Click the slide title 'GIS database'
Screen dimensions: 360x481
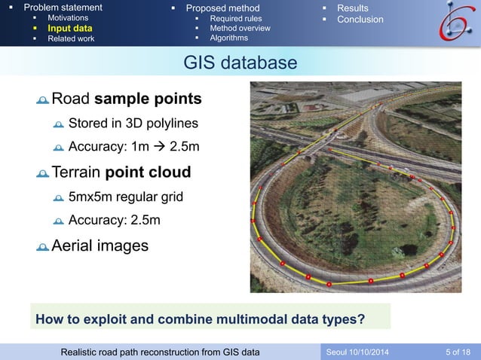pyautogui.click(x=240, y=63)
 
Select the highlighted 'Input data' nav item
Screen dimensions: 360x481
pyautogui.click(x=69, y=28)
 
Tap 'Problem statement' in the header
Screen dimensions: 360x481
pyautogui.click(x=63, y=8)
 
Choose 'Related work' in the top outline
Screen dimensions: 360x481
pyautogui.click(x=71, y=38)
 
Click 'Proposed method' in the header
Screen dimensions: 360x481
pyautogui.click(x=223, y=8)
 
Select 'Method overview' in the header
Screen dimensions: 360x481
pyautogui.click(x=240, y=28)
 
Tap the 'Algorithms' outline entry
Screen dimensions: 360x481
pyautogui.click(x=228, y=38)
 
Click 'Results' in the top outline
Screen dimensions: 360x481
pyautogui.click(x=352, y=8)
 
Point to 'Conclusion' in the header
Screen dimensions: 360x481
pyautogui.click(x=360, y=19)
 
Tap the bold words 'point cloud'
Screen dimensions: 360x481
pyautogui.click(x=148, y=172)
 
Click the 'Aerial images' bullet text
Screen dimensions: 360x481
pyautogui.click(x=100, y=246)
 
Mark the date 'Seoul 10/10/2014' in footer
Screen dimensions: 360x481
pyautogui.click(x=358, y=352)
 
